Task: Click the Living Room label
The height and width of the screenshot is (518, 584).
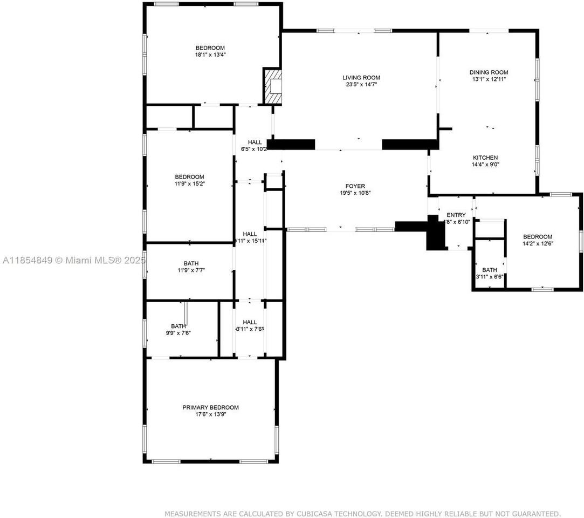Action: click(x=361, y=78)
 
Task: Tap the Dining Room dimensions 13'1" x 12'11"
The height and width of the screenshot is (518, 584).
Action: click(x=489, y=79)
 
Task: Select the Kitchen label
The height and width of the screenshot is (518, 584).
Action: click(x=485, y=158)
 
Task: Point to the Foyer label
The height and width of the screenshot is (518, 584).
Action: click(x=355, y=186)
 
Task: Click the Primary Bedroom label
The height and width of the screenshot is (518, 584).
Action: click(x=210, y=407)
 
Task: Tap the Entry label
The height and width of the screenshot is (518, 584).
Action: click(x=456, y=215)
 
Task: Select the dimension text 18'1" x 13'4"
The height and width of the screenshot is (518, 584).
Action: click(x=210, y=54)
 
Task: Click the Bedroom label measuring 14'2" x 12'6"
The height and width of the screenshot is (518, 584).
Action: click(x=538, y=236)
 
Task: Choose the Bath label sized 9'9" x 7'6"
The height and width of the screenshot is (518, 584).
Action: click(x=178, y=326)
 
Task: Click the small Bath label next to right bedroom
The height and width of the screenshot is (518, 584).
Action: click(x=490, y=270)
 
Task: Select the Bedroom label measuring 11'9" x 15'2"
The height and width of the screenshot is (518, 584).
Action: click(x=189, y=177)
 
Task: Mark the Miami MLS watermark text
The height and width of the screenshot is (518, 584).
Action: click(x=73, y=261)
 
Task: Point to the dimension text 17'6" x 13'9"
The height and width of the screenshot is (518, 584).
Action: click(x=210, y=414)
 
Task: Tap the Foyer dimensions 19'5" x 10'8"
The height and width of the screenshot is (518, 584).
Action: click(x=355, y=193)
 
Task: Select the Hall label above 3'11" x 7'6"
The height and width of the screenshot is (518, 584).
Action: click(x=250, y=322)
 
